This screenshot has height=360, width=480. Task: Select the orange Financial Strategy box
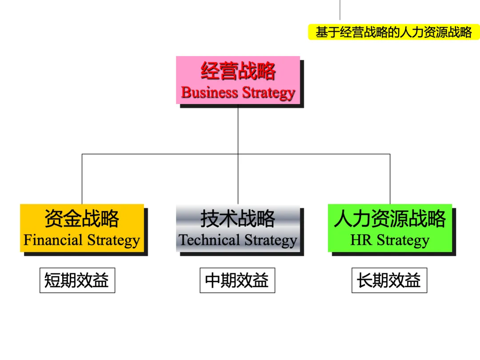click(82, 228)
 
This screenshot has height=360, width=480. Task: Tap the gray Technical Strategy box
click(238, 228)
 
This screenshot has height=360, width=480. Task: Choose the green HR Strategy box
click(390, 228)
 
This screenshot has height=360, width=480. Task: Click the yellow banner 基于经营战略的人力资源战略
click(394, 32)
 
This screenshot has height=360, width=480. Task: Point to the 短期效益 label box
click(77, 280)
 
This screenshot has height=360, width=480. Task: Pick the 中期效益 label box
click(237, 280)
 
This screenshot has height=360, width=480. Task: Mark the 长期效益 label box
click(389, 280)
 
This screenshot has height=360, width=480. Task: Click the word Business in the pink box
click(209, 92)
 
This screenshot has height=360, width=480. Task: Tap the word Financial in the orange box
click(53, 240)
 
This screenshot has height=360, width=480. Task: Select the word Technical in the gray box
click(209, 240)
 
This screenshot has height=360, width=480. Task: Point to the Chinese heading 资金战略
click(82, 219)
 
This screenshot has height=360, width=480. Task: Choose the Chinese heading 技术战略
click(238, 219)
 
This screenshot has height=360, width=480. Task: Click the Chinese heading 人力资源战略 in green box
click(390, 219)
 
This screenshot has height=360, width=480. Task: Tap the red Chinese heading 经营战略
click(238, 71)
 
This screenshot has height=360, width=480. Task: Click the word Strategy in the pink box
click(269, 93)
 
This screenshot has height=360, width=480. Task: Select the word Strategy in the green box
click(403, 241)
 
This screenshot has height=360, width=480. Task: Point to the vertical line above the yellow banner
click(340, 10)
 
